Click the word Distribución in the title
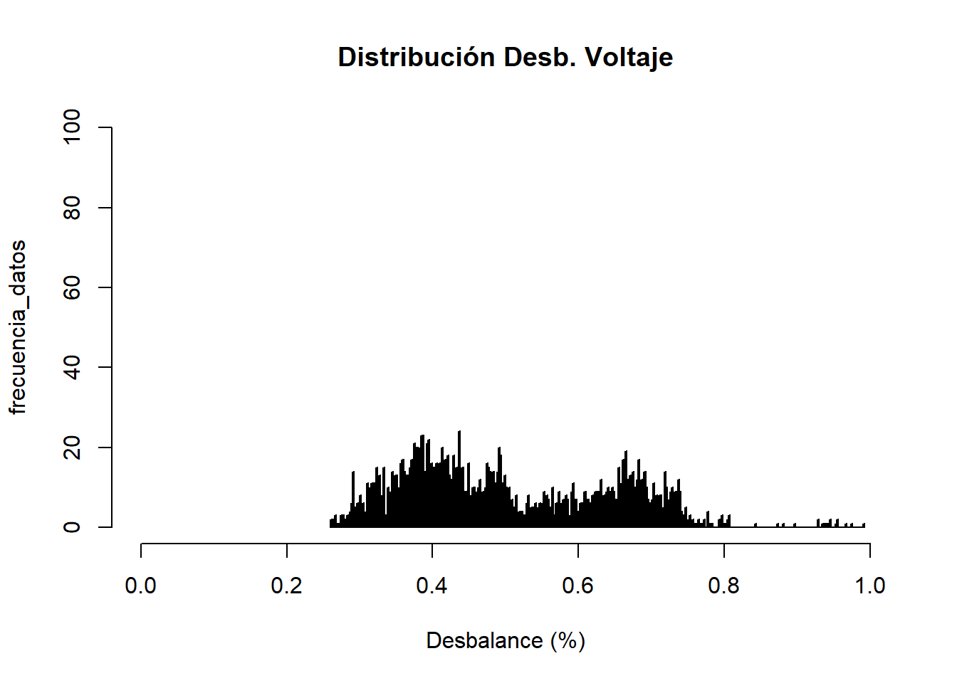click(x=417, y=57)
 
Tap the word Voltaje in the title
click(x=629, y=58)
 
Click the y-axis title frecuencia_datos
click(x=18, y=327)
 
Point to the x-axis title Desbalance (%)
click(x=506, y=640)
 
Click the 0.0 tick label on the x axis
click(x=141, y=586)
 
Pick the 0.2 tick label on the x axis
click(x=286, y=586)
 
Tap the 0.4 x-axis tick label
click(x=432, y=586)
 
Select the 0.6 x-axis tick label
click(x=577, y=586)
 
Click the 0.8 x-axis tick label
click(x=723, y=586)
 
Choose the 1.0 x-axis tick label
click(x=869, y=586)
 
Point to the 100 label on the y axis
click(x=72, y=127)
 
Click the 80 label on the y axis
click(x=72, y=208)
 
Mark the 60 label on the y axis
click(x=72, y=287)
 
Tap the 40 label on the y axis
click(x=72, y=367)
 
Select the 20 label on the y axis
click(x=72, y=448)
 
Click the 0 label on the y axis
click(x=72, y=527)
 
